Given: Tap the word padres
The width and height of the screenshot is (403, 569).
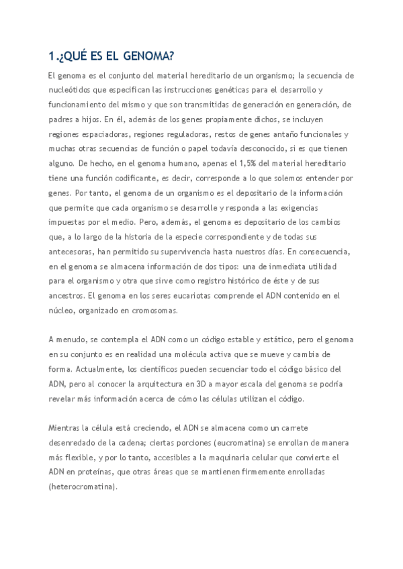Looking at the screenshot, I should click(x=61, y=119).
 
